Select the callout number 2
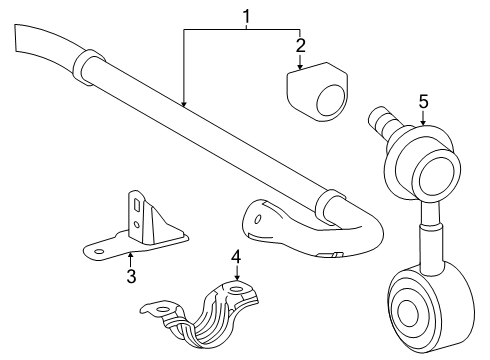(x=299, y=45)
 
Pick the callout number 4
(x=237, y=257)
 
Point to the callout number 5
(x=423, y=101)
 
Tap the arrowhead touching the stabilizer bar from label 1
(x=184, y=102)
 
